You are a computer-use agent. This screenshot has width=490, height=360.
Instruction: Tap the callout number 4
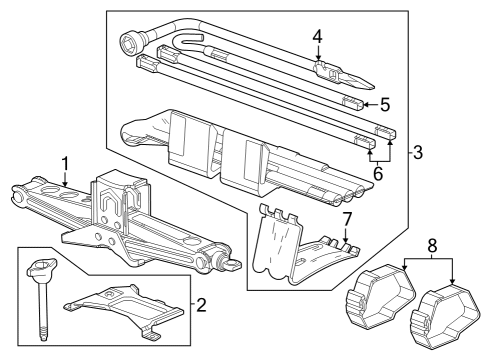pos(317,37)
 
